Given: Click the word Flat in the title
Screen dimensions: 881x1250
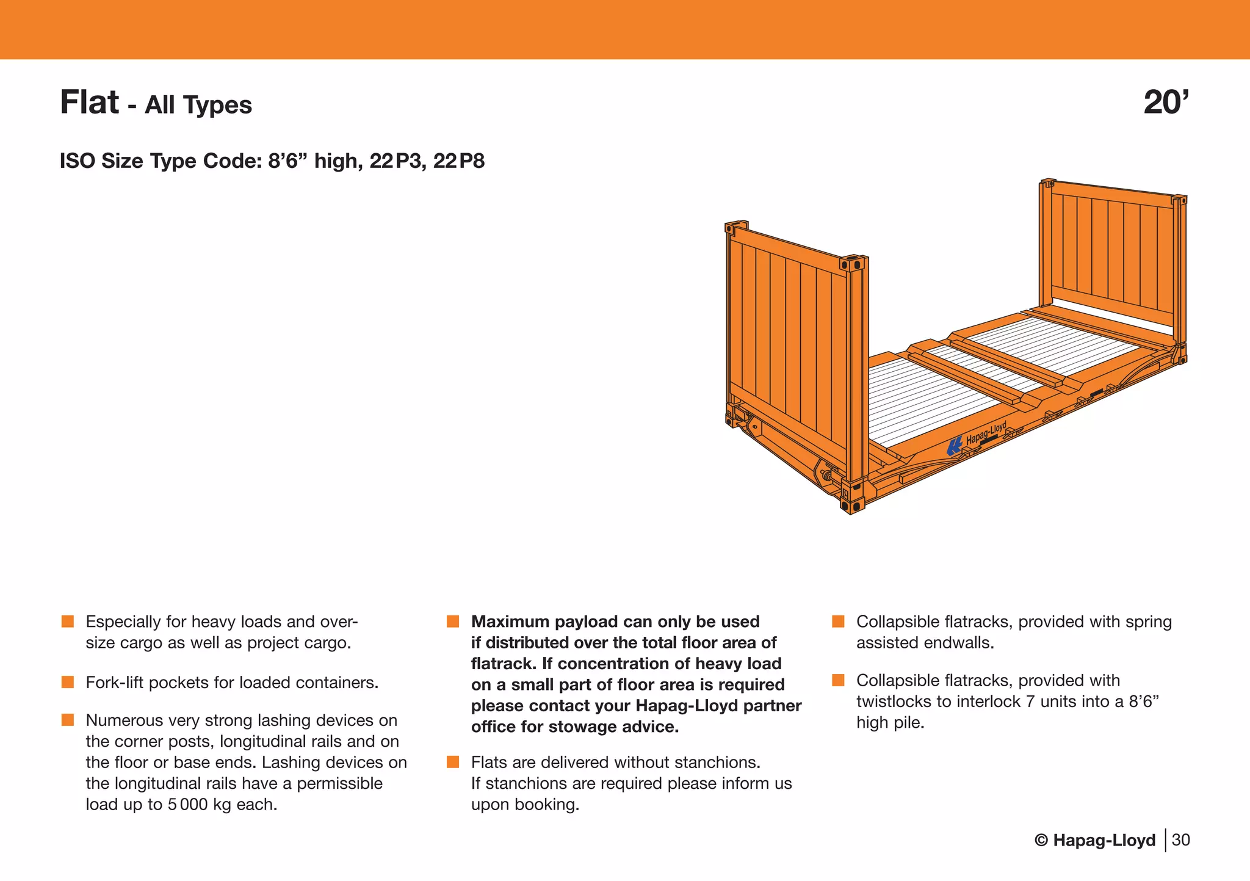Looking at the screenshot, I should [x=89, y=102].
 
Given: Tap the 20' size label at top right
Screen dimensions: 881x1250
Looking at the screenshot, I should [x=1166, y=102].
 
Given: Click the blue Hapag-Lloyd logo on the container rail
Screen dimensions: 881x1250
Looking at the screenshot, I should [x=954, y=447].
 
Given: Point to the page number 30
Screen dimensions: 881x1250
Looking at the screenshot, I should [x=1180, y=840].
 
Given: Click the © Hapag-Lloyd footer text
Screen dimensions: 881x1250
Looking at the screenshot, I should [x=1095, y=840].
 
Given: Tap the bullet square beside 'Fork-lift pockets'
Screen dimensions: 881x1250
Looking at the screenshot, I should [x=68, y=682].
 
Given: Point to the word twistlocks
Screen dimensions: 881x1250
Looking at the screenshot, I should [x=894, y=702].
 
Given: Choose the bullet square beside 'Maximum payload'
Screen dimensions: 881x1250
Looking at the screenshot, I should [x=453, y=622].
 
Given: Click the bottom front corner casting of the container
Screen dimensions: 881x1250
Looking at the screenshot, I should [x=852, y=506].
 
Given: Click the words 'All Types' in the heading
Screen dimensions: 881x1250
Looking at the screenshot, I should [x=198, y=105].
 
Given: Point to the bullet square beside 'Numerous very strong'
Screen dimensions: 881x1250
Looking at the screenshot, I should [x=68, y=720].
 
